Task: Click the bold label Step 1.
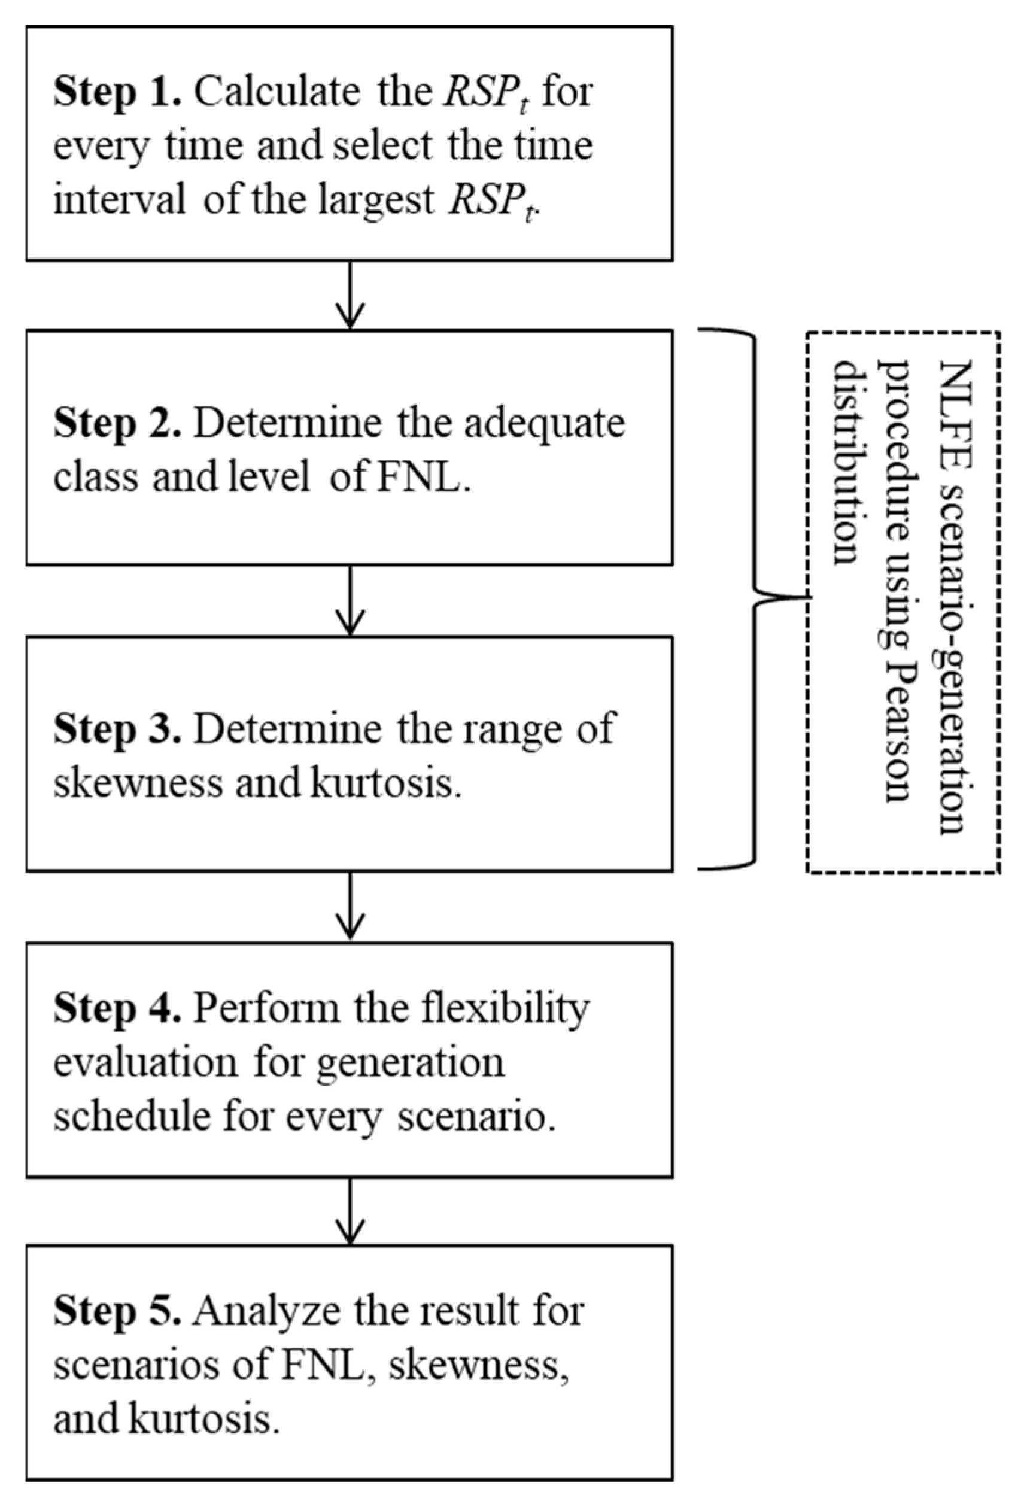(x=117, y=92)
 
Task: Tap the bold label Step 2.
(x=117, y=424)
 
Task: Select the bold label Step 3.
(x=117, y=730)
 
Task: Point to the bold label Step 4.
(x=117, y=1009)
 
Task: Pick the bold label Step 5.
(x=117, y=1311)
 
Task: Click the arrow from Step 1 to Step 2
(x=350, y=295)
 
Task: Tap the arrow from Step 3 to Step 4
(x=350, y=906)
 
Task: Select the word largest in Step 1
(x=376, y=200)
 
